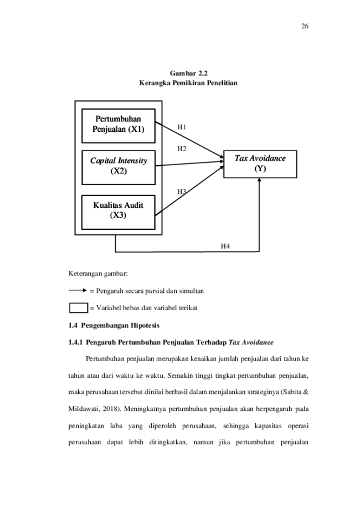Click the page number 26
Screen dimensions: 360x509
305,26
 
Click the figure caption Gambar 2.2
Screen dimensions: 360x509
188,73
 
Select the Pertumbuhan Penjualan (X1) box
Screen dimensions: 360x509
118,126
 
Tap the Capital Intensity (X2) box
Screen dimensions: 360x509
118,167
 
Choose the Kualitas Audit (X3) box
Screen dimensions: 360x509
118,212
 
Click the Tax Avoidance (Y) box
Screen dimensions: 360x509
260,164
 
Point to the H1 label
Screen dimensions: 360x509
182,127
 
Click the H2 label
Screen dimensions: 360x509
182,148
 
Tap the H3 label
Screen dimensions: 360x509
182,192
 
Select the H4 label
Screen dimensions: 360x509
225,246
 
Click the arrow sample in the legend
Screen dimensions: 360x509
78,291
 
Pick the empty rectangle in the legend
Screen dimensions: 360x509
79,308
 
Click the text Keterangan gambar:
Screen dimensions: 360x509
98,274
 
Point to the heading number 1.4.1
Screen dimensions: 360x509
75,342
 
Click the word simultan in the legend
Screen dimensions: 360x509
191,291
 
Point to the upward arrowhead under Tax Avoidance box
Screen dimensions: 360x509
259,180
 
